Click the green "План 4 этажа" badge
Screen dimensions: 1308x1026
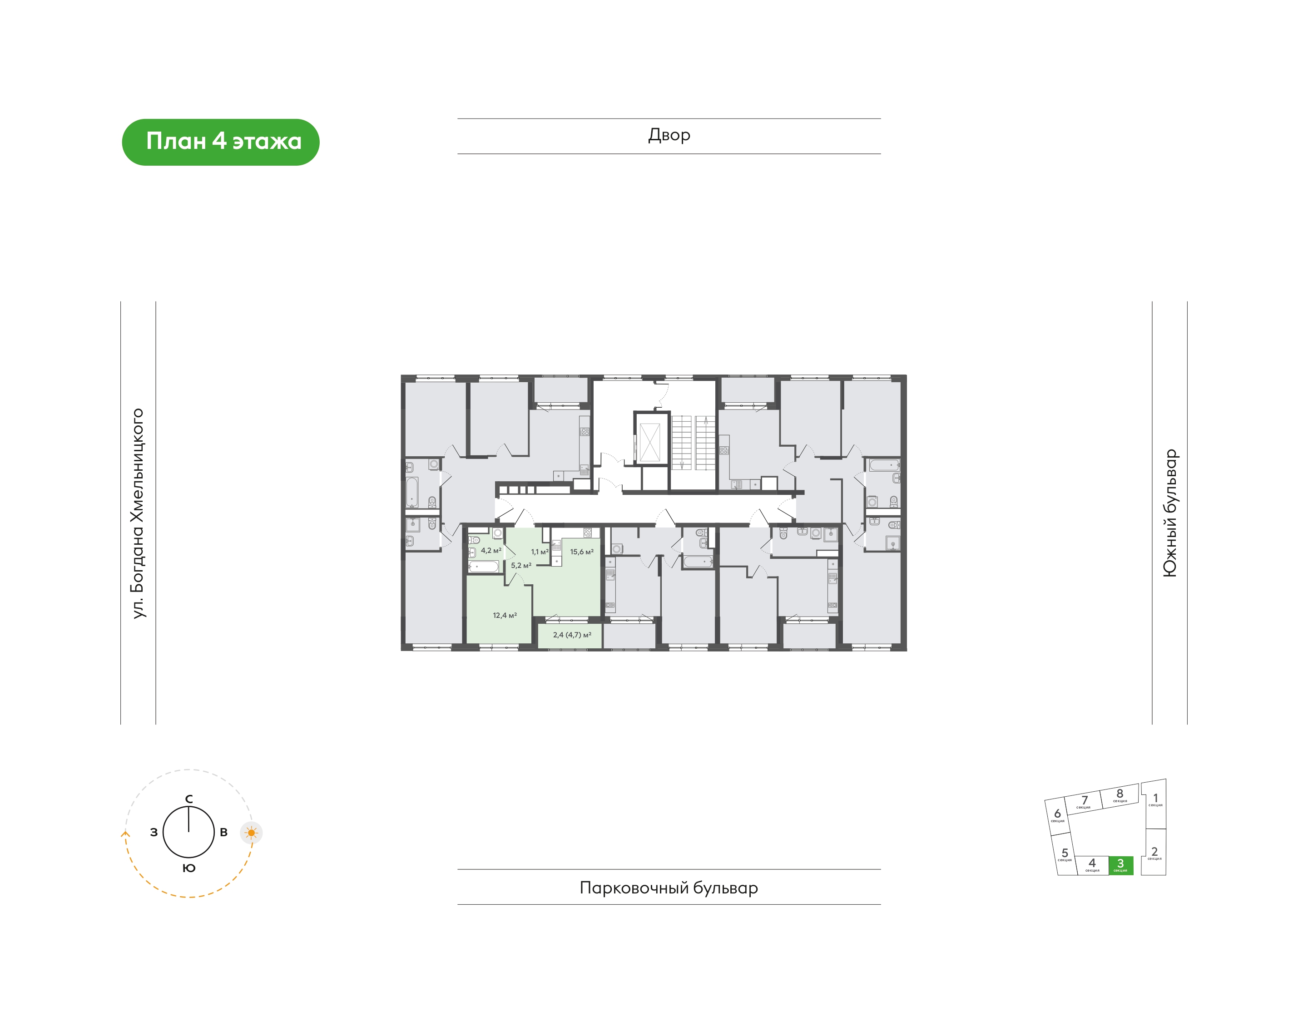221,142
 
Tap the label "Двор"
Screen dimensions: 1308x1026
669,135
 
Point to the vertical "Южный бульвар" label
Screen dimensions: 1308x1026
1169,513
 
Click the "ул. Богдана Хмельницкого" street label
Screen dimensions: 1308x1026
138,513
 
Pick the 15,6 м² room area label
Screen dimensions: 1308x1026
582,552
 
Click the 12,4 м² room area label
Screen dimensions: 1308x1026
505,615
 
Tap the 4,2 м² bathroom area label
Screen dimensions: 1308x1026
491,550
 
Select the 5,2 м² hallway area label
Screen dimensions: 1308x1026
521,565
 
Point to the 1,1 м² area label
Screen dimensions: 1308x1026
540,552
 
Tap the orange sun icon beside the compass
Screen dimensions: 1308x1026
251,833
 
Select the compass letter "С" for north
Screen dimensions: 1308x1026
188,799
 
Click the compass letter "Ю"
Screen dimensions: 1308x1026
188,868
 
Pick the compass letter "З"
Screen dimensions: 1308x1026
154,833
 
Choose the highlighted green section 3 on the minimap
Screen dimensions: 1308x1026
1120,865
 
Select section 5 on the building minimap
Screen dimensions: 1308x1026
1065,854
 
